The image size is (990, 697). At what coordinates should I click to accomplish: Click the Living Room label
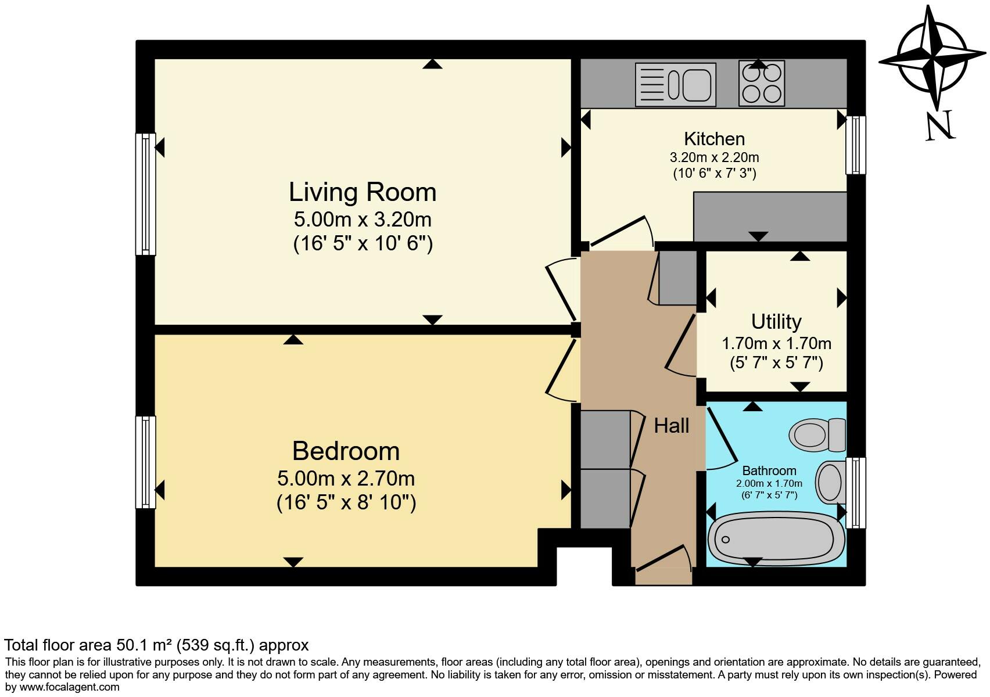click(x=363, y=192)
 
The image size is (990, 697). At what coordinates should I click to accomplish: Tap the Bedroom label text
click(x=346, y=451)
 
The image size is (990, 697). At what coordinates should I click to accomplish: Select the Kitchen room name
click(x=714, y=139)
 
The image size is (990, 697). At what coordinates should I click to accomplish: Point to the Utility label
click(x=776, y=321)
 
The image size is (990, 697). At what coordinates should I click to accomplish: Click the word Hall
click(x=671, y=426)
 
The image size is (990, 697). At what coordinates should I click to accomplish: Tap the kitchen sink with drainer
click(x=675, y=85)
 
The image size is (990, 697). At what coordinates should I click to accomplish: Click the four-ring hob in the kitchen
click(x=762, y=84)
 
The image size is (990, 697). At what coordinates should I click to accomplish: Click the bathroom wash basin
click(x=830, y=482)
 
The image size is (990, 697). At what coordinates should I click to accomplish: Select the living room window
click(x=146, y=194)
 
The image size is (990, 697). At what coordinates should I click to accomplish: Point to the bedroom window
click(x=146, y=462)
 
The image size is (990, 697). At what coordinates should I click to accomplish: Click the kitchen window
click(x=855, y=145)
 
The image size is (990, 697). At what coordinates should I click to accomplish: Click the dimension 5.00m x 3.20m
click(x=363, y=220)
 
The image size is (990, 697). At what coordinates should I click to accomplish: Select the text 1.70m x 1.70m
click(x=776, y=343)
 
